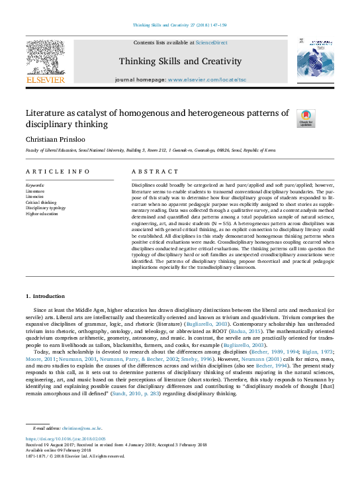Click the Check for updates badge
click(x=306, y=118)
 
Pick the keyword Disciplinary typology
click(x=46, y=208)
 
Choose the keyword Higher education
click(x=42, y=214)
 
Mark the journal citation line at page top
click(x=179, y=25)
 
